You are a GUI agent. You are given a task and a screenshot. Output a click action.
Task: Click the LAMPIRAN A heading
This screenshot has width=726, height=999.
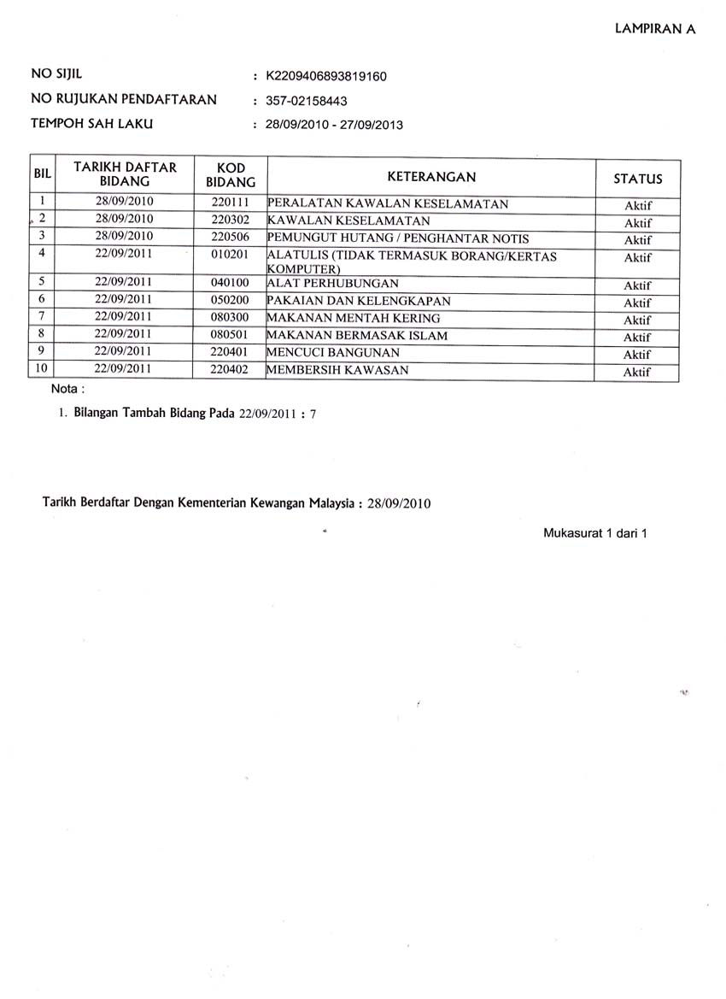(x=655, y=28)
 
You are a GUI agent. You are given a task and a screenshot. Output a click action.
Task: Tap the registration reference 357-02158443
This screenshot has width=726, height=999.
(x=306, y=101)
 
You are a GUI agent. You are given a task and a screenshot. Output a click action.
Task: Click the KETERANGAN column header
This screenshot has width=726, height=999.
(x=431, y=177)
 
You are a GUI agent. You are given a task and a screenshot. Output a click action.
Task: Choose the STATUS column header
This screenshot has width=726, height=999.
(x=638, y=179)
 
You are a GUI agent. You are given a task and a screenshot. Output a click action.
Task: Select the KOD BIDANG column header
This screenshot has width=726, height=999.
(x=231, y=175)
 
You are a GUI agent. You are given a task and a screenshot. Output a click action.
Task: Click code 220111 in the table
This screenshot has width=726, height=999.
(x=230, y=204)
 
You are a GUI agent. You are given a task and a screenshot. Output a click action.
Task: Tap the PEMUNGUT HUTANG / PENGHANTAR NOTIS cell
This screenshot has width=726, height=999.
(x=398, y=239)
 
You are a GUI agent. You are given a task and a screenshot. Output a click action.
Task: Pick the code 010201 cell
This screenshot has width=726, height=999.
(x=230, y=255)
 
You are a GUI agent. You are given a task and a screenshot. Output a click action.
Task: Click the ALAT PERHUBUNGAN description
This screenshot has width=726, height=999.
(x=333, y=284)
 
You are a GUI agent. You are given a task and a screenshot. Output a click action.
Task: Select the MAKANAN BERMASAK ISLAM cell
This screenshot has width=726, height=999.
(x=358, y=336)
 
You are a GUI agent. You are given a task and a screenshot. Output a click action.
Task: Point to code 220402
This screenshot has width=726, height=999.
(x=230, y=370)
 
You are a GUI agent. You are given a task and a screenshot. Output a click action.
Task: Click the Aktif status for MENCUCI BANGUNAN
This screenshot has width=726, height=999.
(x=637, y=355)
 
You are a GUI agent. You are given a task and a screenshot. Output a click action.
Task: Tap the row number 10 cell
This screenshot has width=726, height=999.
(x=42, y=370)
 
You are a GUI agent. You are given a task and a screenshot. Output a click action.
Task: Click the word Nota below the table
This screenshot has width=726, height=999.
(x=67, y=391)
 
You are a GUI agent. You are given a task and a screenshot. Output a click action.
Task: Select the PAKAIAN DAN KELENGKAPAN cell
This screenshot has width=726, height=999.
(x=359, y=302)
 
